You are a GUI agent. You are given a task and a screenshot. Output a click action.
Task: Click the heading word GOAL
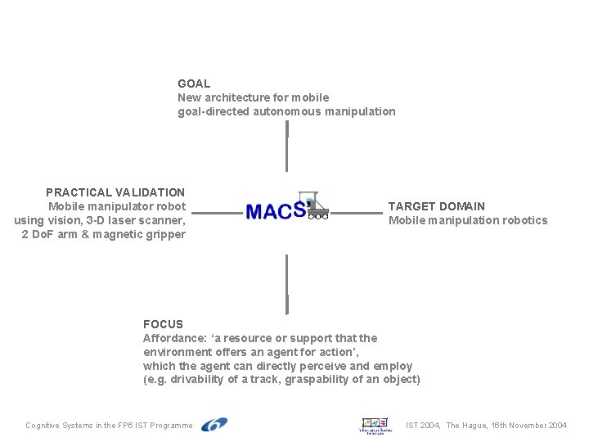pos(194,83)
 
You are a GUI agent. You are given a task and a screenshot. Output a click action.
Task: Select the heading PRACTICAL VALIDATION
pos(115,192)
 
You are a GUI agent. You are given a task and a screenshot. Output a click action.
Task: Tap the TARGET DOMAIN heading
pos(436,206)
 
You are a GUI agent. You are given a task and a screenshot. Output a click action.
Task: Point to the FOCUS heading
pos(163,324)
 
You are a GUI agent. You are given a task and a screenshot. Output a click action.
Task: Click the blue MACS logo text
pos(275,211)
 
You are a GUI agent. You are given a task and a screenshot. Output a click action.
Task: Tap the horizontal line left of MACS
pos(217,214)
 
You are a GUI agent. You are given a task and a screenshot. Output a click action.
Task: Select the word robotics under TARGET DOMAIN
pos(523,220)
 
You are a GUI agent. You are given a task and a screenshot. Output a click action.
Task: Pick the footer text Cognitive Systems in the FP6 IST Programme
pos(109,426)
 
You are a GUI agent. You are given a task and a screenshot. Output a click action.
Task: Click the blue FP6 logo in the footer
pos(214,425)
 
